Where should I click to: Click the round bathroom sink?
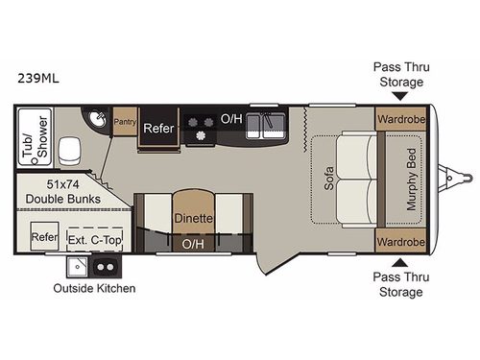(100, 119)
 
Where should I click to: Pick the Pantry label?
(125, 122)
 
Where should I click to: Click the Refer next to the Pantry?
(156, 128)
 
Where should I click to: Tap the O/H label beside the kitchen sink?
(230, 119)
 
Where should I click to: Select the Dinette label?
(193, 218)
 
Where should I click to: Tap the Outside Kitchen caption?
(95, 287)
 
